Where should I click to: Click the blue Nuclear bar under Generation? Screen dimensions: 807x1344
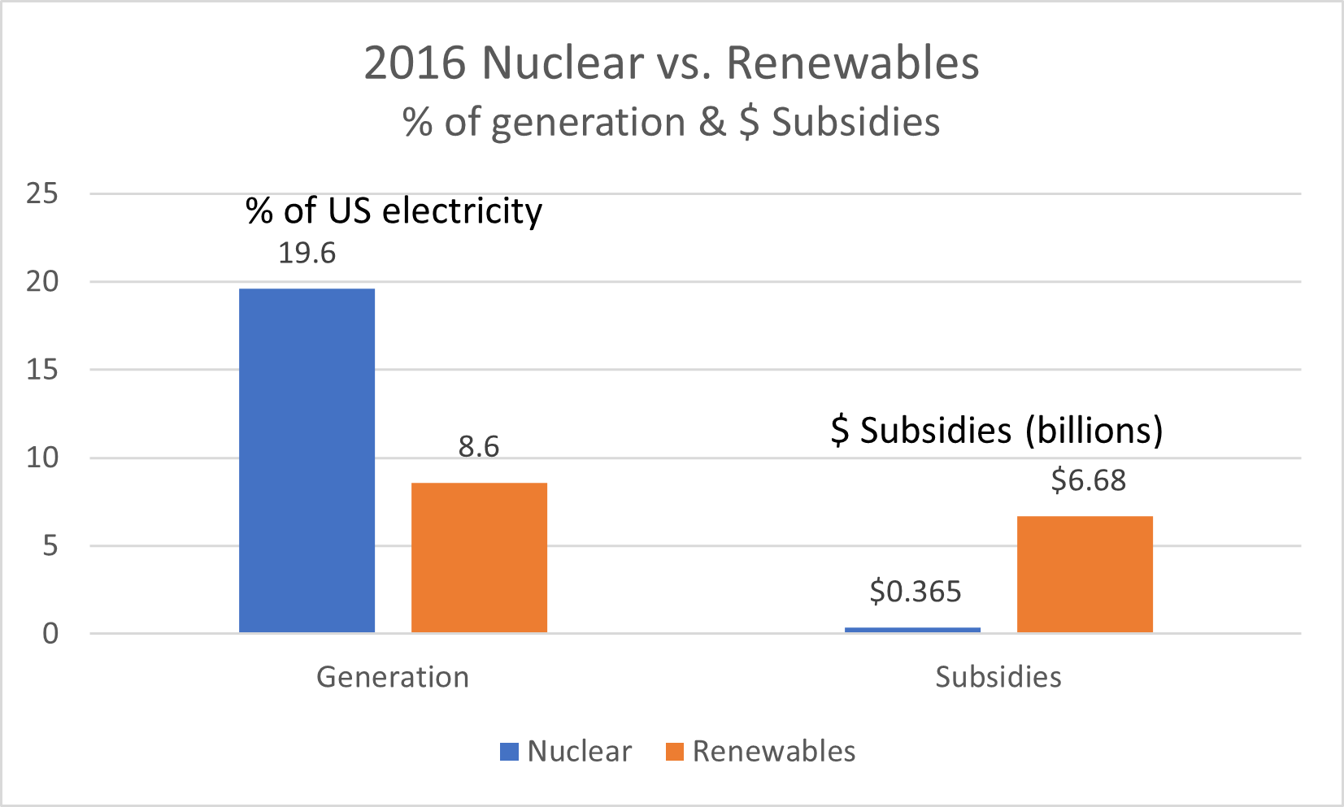(x=307, y=460)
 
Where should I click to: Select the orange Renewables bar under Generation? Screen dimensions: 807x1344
(x=479, y=558)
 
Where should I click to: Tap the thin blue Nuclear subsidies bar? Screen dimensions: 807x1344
(x=912, y=630)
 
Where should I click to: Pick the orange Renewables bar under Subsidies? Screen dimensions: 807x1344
(x=1085, y=574)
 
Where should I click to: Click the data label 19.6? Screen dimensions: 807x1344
(x=307, y=254)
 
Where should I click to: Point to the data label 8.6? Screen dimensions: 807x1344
(x=479, y=447)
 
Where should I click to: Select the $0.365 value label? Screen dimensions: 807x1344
(x=915, y=592)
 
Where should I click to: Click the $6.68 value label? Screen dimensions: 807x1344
(x=1088, y=480)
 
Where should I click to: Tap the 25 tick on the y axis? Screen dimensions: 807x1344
(x=42, y=193)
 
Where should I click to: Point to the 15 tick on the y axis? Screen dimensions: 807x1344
(x=42, y=370)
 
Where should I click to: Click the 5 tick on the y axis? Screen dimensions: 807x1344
(x=50, y=545)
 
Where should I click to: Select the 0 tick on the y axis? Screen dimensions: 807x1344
(x=50, y=634)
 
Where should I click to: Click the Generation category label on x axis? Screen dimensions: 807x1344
(x=393, y=677)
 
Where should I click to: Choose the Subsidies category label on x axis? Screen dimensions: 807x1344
(x=998, y=677)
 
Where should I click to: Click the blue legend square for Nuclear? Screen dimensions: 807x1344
(x=509, y=752)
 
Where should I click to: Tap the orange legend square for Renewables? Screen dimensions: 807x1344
(x=674, y=752)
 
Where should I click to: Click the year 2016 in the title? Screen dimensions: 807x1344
(x=415, y=63)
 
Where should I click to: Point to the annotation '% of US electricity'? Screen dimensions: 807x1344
(x=394, y=211)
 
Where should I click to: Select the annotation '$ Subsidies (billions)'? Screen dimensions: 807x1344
(x=997, y=430)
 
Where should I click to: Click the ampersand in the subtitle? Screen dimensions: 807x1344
(x=711, y=123)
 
